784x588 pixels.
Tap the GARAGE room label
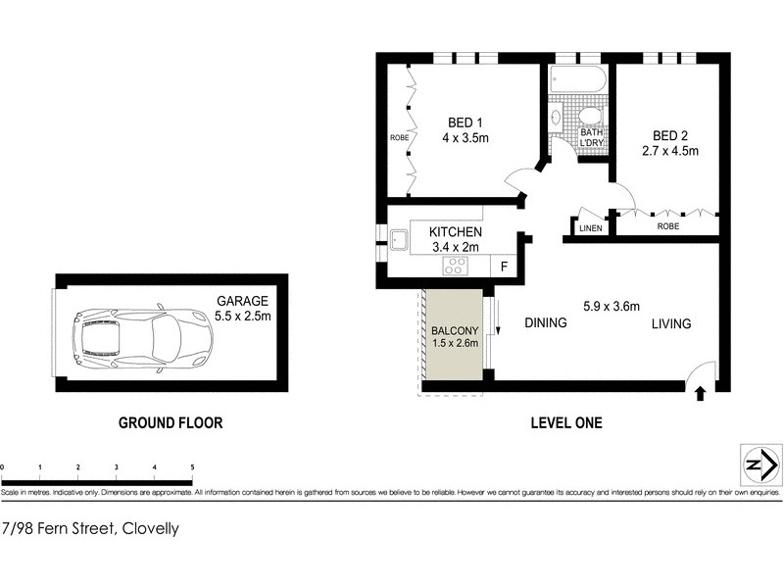coord(243,301)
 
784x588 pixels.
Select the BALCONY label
coord(455,331)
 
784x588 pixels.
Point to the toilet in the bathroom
coord(589,118)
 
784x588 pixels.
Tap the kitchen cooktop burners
coord(457,266)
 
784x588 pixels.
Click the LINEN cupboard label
coord(590,228)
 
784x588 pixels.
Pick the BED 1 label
coord(465,122)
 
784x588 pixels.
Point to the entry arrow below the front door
coord(701,394)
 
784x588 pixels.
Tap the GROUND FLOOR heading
coord(171,423)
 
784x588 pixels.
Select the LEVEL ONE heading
coord(565,423)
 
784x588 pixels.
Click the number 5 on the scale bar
coord(192,467)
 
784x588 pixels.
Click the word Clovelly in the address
coord(148,528)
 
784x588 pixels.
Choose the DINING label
coord(546,323)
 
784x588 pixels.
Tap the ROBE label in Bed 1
coord(399,138)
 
